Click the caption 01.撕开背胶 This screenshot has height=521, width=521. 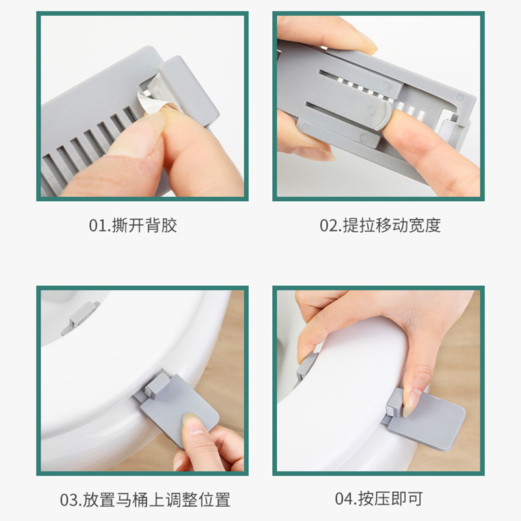point(133,225)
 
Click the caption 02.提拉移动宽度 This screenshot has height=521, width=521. point(380,225)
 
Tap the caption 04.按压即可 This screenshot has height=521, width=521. point(379,500)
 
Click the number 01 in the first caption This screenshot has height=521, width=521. point(96,225)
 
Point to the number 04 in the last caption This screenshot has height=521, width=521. point(343,500)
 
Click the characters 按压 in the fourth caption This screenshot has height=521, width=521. point(374,500)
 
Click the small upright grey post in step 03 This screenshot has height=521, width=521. point(154,386)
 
